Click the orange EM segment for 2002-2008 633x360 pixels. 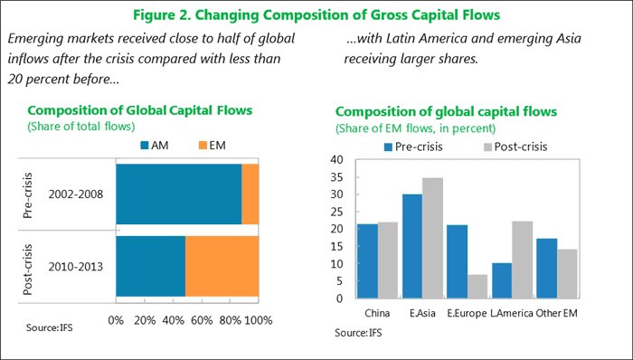click(x=250, y=194)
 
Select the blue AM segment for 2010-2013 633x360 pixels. click(x=150, y=265)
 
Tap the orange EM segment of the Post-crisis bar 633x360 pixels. click(x=222, y=265)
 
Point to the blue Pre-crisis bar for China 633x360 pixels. click(x=367, y=261)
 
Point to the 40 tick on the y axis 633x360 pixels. click(x=338, y=159)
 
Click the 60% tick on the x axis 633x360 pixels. click(x=202, y=320)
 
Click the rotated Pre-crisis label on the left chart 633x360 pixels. click(x=27, y=194)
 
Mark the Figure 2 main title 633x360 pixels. click(x=316, y=15)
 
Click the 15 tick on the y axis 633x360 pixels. click(x=338, y=246)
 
